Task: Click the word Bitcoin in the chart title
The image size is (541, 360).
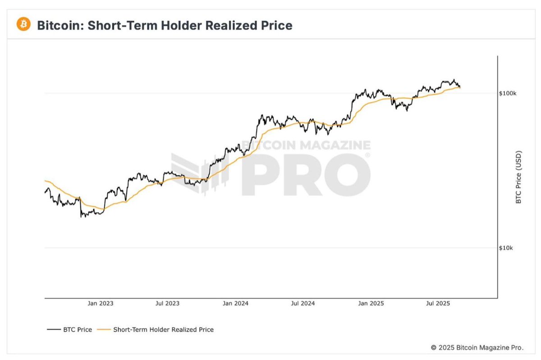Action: coord(56,25)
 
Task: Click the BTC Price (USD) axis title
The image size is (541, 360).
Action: coord(518,177)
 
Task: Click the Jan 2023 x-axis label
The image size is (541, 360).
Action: coord(101,303)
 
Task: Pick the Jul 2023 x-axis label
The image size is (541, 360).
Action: coord(167,303)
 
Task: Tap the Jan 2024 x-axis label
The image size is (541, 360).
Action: coord(234,303)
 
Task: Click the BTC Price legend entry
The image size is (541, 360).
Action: coord(78,330)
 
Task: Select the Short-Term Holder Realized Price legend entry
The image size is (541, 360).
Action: coord(163,330)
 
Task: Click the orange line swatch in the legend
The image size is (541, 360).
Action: coord(105,330)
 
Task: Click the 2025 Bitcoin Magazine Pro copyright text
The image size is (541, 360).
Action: coord(477,347)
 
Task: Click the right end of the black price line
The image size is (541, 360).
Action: coord(460,87)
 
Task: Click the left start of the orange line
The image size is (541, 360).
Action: coord(45,181)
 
